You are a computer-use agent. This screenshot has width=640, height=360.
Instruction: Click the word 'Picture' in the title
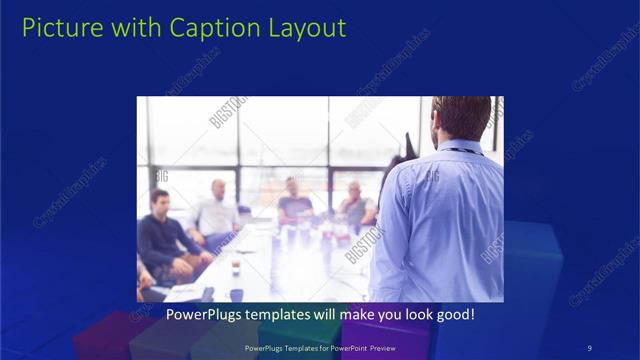(x=59, y=28)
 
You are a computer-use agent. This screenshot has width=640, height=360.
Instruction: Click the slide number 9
(x=590, y=347)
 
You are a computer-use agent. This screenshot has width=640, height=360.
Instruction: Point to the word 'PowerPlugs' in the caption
(x=200, y=314)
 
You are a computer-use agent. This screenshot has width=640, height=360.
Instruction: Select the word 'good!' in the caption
(x=456, y=314)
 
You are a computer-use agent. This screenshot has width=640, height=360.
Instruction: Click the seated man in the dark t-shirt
(x=294, y=201)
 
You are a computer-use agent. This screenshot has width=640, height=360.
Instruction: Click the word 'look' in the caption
(x=418, y=314)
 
